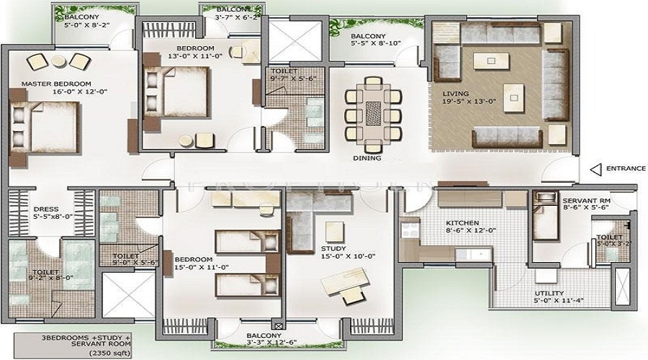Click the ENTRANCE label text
coord(626,168)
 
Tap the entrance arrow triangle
coord(595,168)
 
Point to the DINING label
coord(366,158)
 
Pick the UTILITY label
coord(549,294)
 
